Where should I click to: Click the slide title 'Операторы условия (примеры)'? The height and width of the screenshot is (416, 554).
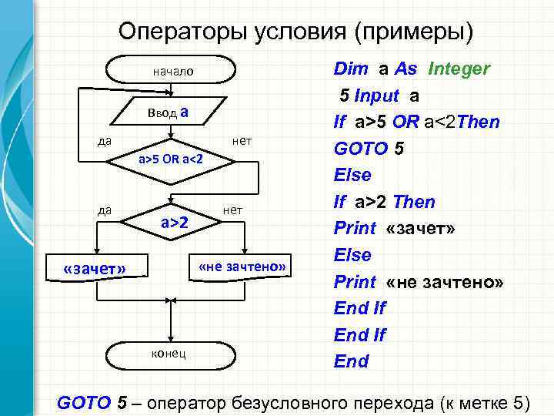(296, 32)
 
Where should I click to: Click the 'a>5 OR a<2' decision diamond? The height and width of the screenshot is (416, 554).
(170, 159)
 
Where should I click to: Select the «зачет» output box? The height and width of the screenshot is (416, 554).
(95, 268)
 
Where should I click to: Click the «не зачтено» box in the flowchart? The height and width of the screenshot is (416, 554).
(242, 267)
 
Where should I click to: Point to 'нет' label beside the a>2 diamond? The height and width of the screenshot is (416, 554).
(232, 210)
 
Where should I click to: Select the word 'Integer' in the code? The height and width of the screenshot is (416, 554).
(459, 69)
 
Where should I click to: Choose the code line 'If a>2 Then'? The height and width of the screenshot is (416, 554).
(384, 202)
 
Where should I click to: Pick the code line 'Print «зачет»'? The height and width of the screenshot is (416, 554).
(395, 229)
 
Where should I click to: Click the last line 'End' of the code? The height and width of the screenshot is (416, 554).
(351, 361)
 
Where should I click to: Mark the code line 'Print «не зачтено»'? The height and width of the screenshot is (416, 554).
(419, 282)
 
